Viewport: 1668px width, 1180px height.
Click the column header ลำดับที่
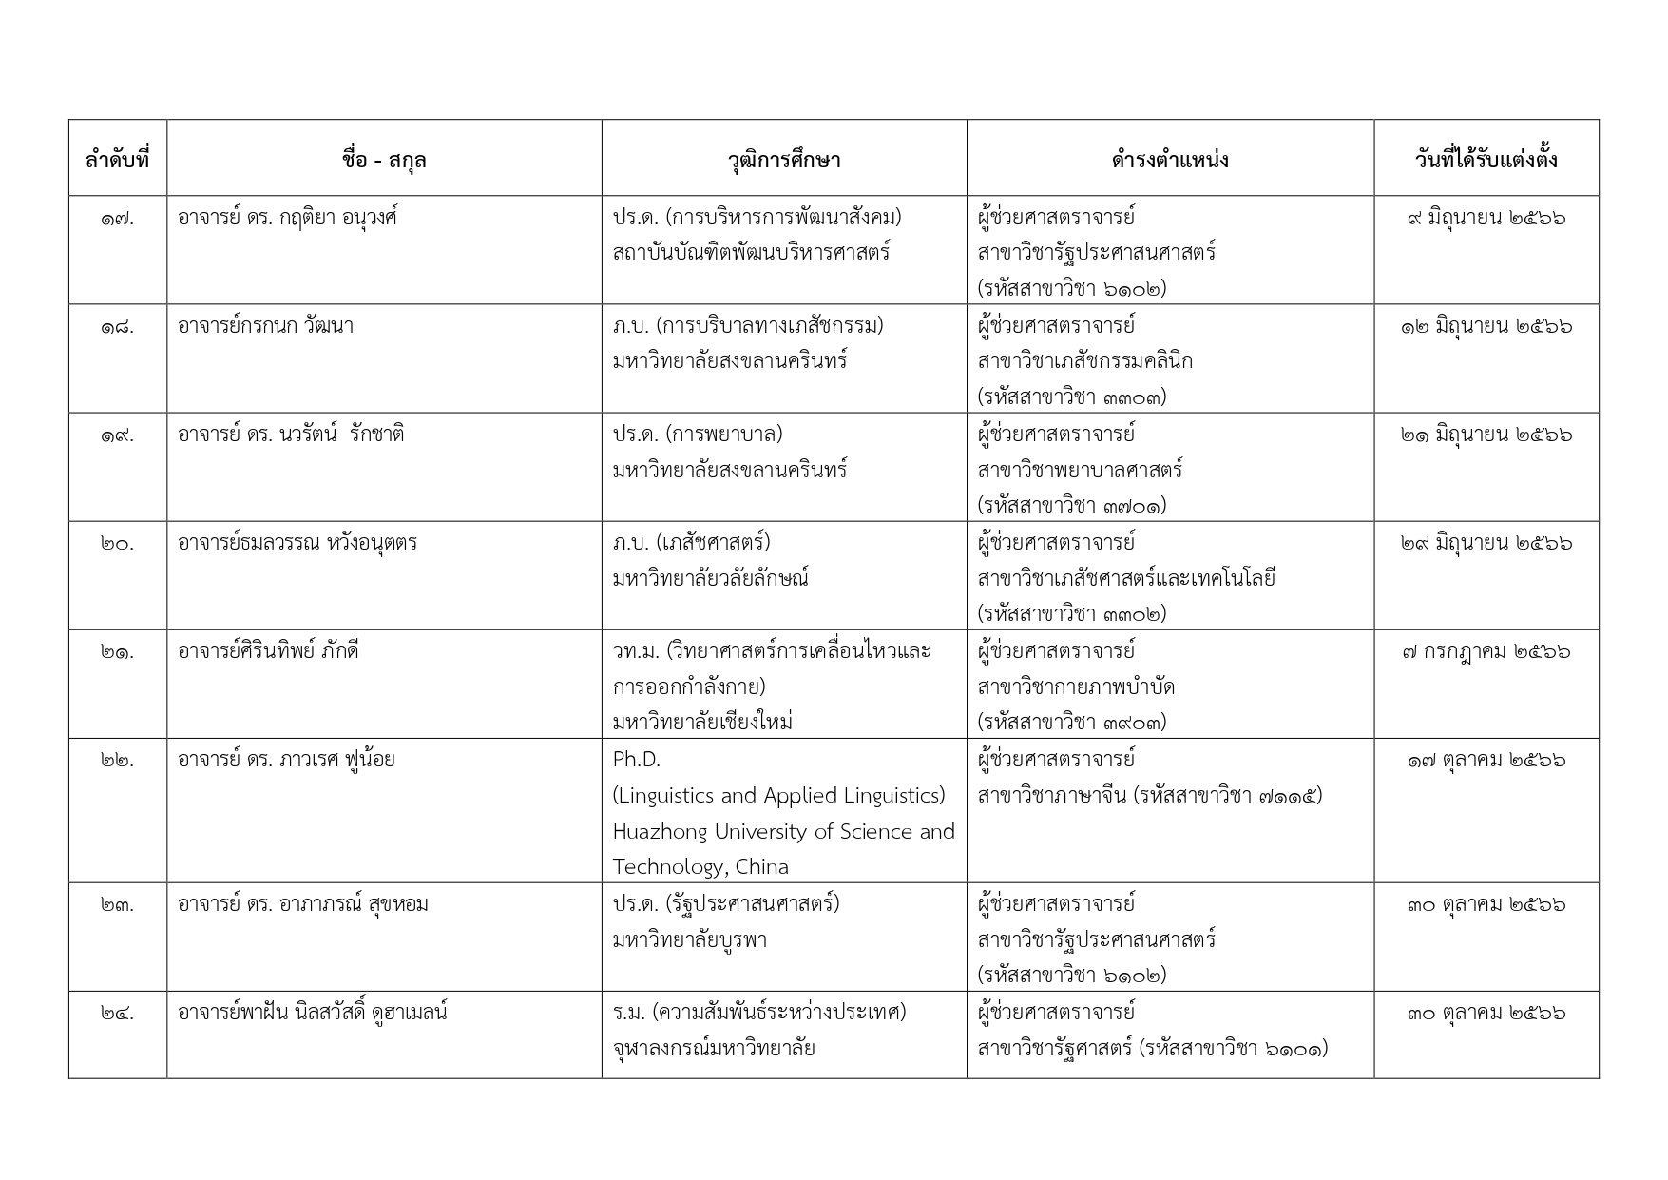(117, 160)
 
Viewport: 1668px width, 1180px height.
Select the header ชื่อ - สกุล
(384, 160)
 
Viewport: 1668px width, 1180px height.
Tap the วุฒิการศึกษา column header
(783, 160)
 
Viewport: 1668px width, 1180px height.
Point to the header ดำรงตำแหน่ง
(1169, 160)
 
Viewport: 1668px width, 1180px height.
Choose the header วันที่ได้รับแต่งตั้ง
(1486, 160)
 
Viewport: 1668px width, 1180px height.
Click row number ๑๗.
(117, 219)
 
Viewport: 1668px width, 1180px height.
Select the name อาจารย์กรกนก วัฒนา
(265, 326)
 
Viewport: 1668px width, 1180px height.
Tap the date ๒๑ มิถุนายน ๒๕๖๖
(1486, 435)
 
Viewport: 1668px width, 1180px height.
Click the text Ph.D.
(636, 761)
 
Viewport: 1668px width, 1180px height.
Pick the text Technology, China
(700, 867)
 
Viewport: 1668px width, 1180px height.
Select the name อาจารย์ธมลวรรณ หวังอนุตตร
(297, 544)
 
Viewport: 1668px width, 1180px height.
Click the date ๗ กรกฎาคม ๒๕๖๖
(1486, 652)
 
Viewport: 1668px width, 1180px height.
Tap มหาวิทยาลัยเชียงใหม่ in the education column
(702, 723)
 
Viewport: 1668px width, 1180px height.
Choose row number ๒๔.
(117, 1014)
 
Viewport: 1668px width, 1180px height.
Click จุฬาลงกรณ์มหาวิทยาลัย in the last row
(714, 1050)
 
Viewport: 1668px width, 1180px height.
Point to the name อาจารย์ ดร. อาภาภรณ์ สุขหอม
(302, 904)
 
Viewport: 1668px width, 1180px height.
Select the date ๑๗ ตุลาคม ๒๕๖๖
(1486, 761)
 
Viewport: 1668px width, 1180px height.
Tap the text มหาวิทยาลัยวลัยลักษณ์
(710, 579)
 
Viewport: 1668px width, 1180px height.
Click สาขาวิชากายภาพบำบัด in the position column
(1076, 687)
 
